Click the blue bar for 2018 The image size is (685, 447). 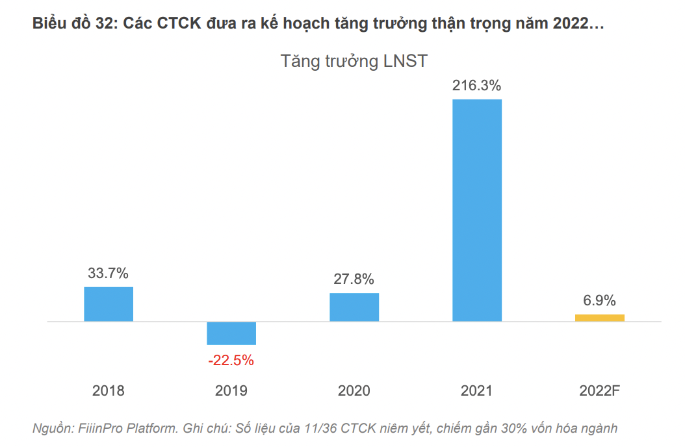(x=109, y=304)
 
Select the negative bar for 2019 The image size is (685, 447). (x=231, y=333)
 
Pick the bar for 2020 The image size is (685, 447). (x=354, y=307)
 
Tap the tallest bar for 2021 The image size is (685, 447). (x=477, y=210)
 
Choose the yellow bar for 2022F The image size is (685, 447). (x=600, y=318)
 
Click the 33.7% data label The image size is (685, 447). (x=109, y=274)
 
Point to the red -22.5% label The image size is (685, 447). (x=231, y=360)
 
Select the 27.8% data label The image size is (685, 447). (x=354, y=279)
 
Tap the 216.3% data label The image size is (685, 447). (x=477, y=85)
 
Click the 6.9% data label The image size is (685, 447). (x=600, y=301)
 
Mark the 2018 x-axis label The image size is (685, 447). (x=109, y=391)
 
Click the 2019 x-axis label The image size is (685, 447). (x=231, y=391)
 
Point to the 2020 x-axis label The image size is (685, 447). (x=354, y=391)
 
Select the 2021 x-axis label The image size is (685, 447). (x=477, y=391)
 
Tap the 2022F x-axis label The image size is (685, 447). (x=600, y=391)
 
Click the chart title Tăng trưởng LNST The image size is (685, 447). (x=354, y=61)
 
